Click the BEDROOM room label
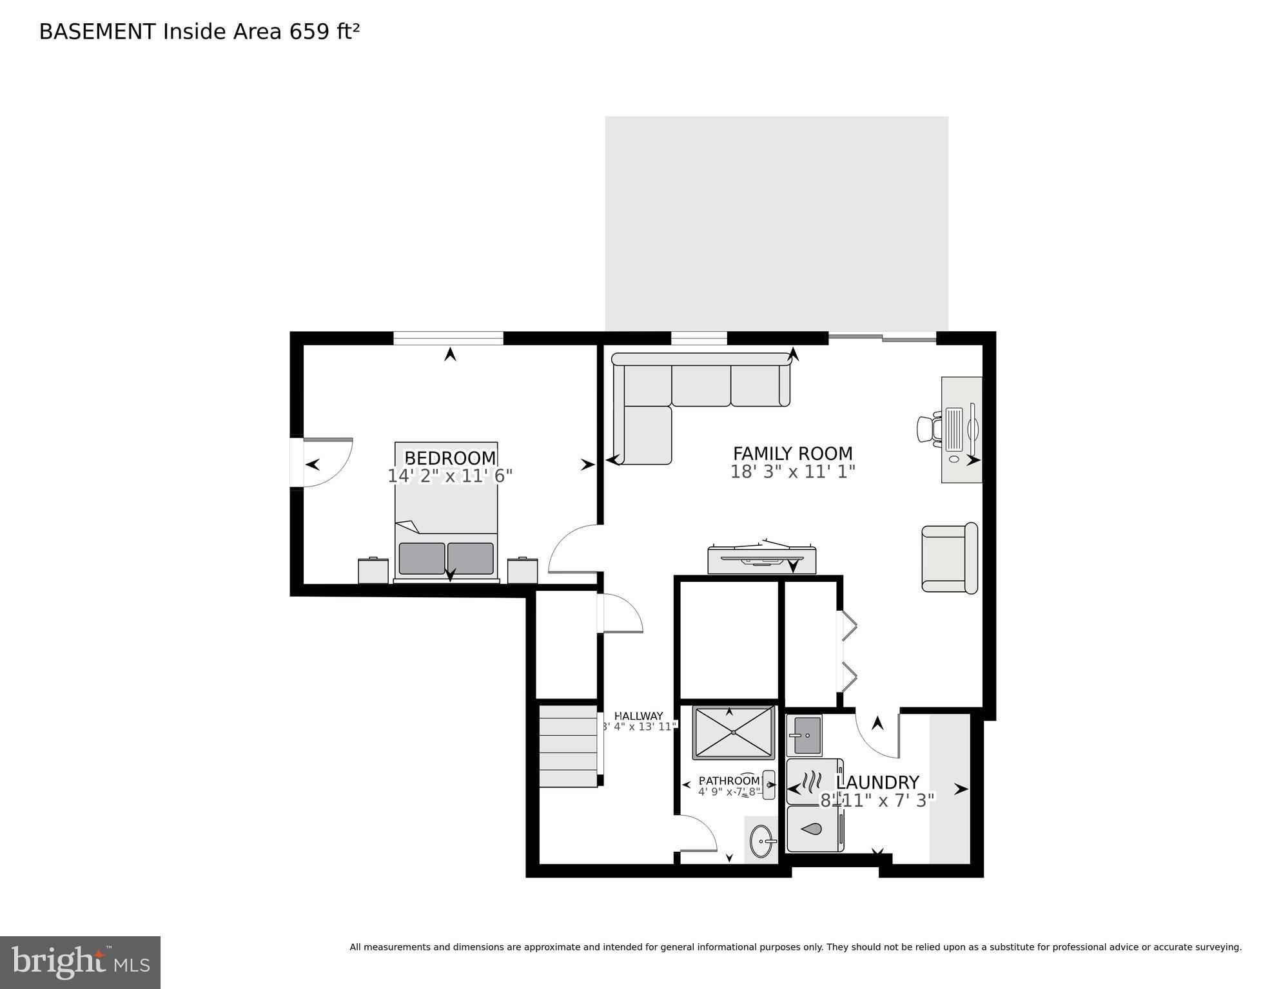pyautogui.click(x=450, y=458)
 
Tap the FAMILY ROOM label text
pyautogui.click(x=792, y=454)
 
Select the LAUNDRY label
pyautogui.click(x=877, y=782)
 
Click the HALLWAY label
pyautogui.click(x=638, y=716)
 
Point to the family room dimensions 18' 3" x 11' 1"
pyautogui.click(x=792, y=472)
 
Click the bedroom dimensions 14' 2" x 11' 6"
pyautogui.click(x=450, y=476)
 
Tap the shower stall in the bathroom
pyautogui.click(x=733, y=733)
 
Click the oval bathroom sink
pyautogui.click(x=763, y=841)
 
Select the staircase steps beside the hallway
pyautogui.click(x=568, y=746)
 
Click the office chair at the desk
pyautogui.click(x=929, y=428)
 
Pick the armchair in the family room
pyautogui.click(x=949, y=558)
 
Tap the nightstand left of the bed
pyautogui.click(x=373, y=571)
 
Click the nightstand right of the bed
pyautogui.click(x=522, y=571)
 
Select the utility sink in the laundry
pyautogui.click(x=804, y=735)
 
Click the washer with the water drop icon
pyautogui.click(x=814, y=829)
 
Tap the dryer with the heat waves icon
pyautogui.click(x=814, y=782)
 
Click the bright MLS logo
pyautogui.click(x=80, y=962)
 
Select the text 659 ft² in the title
pyautogui.click(x=324, y=32)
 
